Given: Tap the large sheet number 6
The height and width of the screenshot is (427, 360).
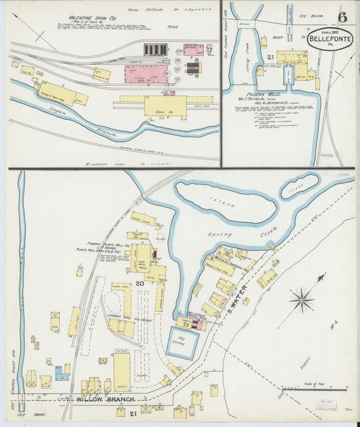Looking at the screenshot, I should (x=342, y=17).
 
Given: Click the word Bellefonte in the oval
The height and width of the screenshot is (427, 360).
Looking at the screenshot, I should (x=330, y=39).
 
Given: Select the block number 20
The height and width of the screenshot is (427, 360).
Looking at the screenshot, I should (x=140, y=283).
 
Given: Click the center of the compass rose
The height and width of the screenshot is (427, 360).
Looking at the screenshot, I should (x=301, y=299).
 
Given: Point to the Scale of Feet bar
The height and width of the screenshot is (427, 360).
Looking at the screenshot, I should (x=324, y=389).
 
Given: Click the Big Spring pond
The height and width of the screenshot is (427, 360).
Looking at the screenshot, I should (x=182, y=343).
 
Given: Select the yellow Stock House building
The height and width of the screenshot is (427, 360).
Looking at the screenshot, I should (x=164, y=105).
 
